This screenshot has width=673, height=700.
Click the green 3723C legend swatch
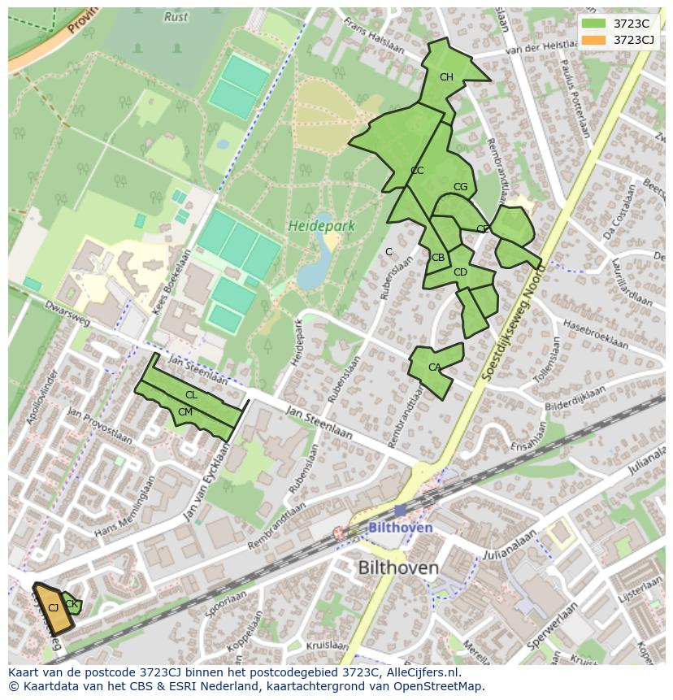tap(594, 24)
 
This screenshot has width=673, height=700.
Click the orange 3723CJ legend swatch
tap(594, 40)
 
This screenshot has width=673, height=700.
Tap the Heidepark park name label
tap(321, 226)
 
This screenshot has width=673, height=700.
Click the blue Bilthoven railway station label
tap(400, 528)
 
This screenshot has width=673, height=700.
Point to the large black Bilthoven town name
tap(398, 567)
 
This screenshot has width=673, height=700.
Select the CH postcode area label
tap(446, 77)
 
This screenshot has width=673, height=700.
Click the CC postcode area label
tap(417, 171)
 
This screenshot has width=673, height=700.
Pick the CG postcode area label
tap(460, 187)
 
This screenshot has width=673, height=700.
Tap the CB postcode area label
tap(438, 258)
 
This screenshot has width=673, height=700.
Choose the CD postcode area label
tap(460, 272)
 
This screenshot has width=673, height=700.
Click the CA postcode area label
tap(434, 367)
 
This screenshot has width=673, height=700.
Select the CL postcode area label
tap(191, 395)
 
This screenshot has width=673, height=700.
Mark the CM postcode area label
tap(185, 412)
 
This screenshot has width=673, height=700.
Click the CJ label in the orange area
tap(53, 607)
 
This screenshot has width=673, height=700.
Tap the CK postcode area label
tap(71, 603)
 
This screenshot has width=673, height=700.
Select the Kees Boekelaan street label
tap(172, 282)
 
